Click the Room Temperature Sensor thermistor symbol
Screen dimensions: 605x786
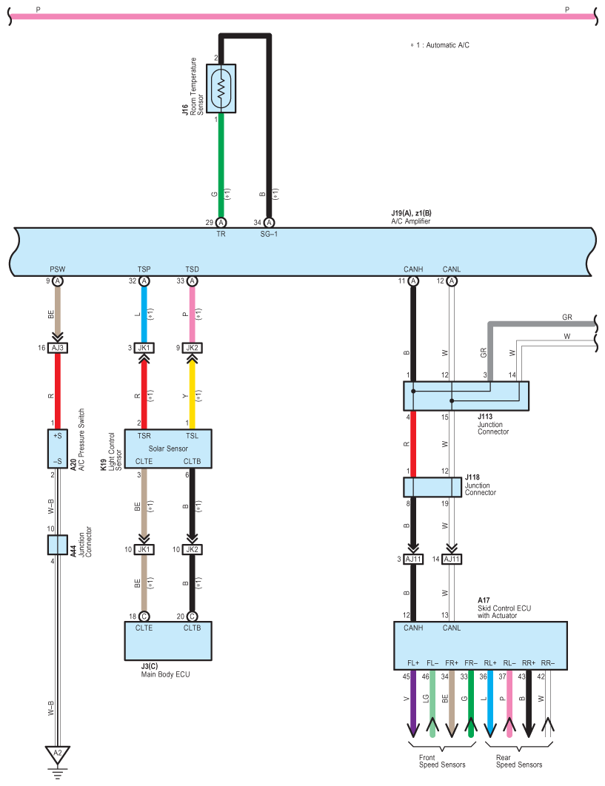(x=221, y=88)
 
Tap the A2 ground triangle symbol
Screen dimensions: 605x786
(x=57, y=754)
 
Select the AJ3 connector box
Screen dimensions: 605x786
(x=58, y=348)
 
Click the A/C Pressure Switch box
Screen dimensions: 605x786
(x=58, y=449)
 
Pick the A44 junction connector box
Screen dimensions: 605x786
(x=58, y=545)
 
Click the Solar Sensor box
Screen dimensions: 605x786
(x=168, y=449)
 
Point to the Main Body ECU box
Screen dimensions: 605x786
(x=168, y=641)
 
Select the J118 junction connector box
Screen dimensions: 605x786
(x=432, y=487)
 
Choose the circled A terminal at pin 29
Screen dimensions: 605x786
(x=221, y=223)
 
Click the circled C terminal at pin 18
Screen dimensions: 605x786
(x=144, y=617)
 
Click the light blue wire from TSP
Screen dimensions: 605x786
(x=144, y=315)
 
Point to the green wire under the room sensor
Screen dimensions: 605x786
(x=221, y=166)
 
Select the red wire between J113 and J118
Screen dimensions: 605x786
(x=413, y=444)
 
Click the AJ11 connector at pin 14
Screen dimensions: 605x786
(x=452, y=559)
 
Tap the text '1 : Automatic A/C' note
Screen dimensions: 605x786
(x=443, y=45)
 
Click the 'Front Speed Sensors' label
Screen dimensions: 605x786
(x=442, y=761)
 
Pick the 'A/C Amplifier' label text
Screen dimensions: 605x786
(x=411, y=221)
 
